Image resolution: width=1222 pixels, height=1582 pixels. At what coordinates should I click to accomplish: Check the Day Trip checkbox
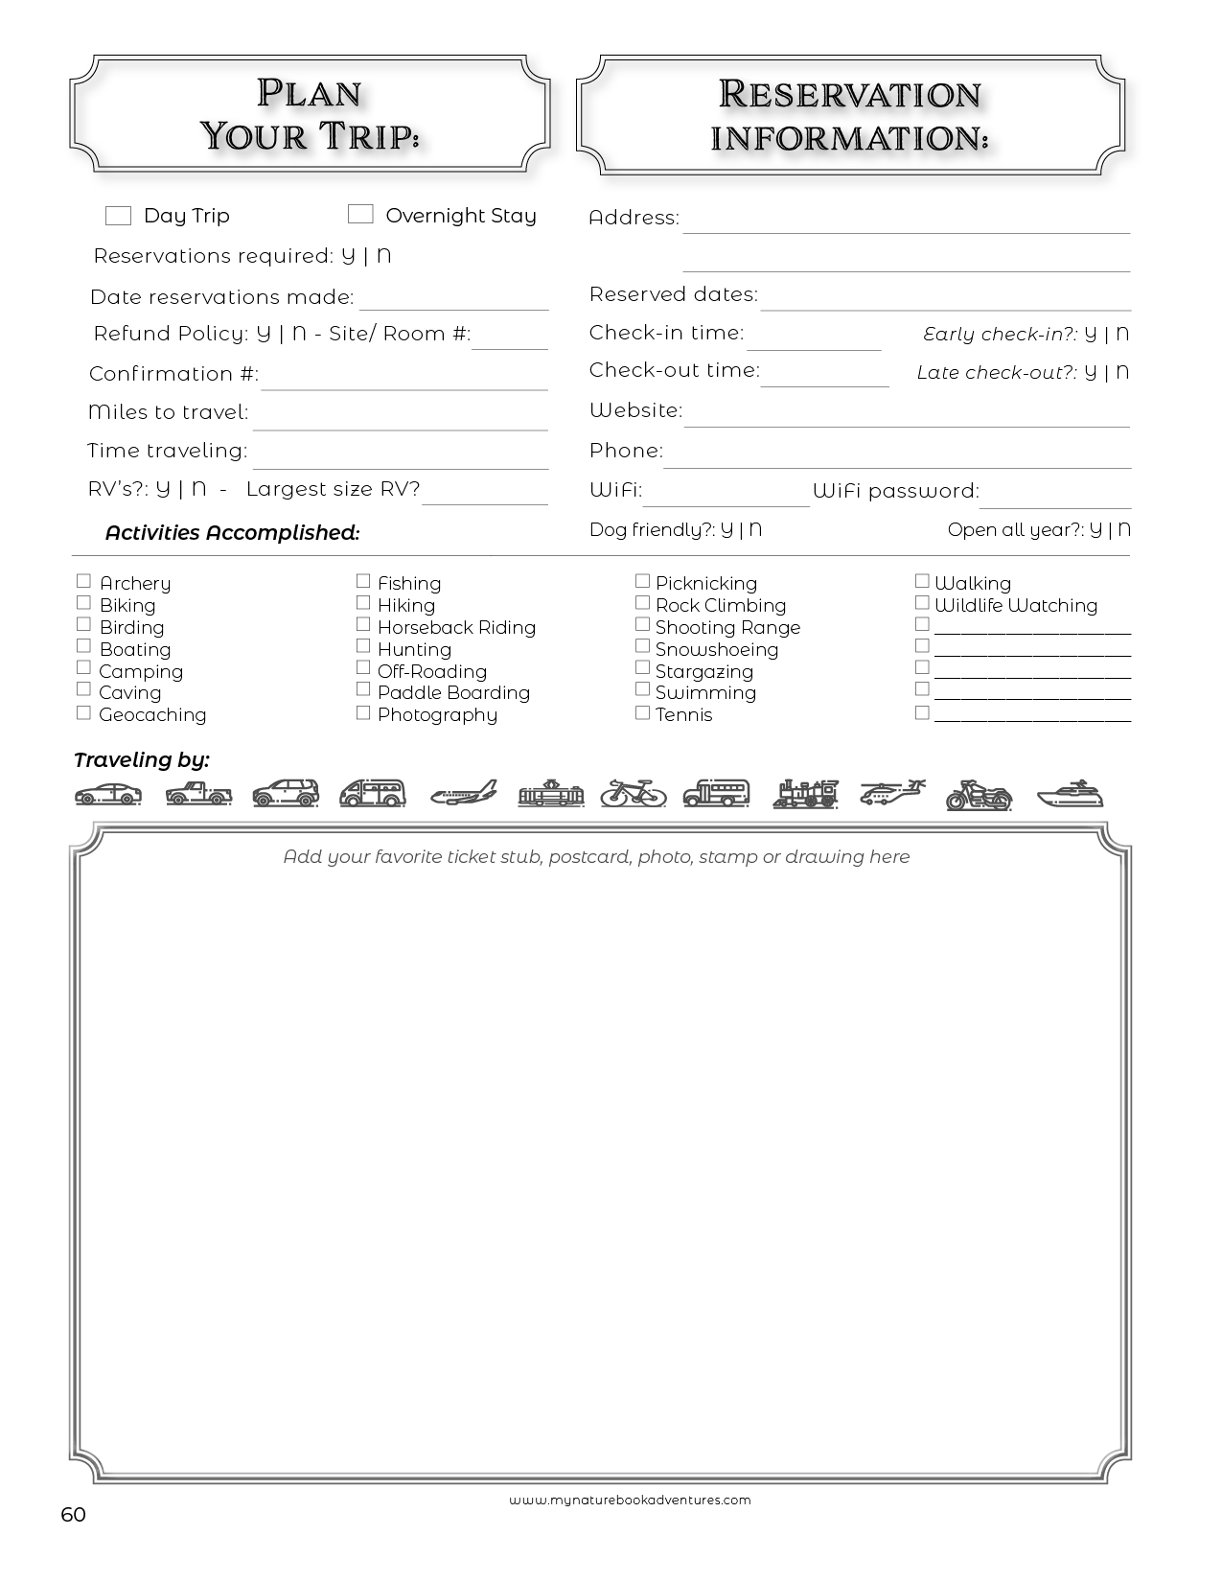tap(118, 216)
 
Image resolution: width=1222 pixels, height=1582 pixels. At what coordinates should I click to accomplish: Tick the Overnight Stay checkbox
tap(360, 214)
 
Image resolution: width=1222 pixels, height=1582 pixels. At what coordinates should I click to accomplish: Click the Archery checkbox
tap(83, 581)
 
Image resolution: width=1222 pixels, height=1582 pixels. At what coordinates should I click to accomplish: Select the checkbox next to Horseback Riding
tap(363, 624)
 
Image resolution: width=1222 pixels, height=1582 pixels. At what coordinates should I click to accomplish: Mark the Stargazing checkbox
tap(642, 668)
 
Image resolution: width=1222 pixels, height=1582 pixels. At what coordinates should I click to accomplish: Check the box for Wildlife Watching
tap(922, 603)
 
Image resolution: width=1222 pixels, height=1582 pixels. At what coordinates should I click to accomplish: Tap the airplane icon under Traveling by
tap(464, 793)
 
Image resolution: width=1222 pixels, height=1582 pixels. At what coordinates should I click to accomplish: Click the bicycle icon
tap(634, 793)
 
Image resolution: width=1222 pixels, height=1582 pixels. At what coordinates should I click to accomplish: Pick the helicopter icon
tap(891, 793)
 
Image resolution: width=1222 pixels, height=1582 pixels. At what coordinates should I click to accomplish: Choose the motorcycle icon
tap(979, 795)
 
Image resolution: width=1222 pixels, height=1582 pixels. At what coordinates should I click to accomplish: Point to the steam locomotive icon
tap(805, 794)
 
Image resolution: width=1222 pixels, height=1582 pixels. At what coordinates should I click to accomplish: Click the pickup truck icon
tap(198, 794)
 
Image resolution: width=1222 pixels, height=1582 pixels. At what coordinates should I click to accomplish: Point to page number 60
tap(73, 1514)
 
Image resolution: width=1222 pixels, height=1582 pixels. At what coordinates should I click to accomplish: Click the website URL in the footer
tap(630, 1501)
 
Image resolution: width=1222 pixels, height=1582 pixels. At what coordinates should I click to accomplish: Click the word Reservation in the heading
tap(849, 94)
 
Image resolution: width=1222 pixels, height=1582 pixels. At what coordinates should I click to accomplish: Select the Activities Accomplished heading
tap(232, 533)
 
